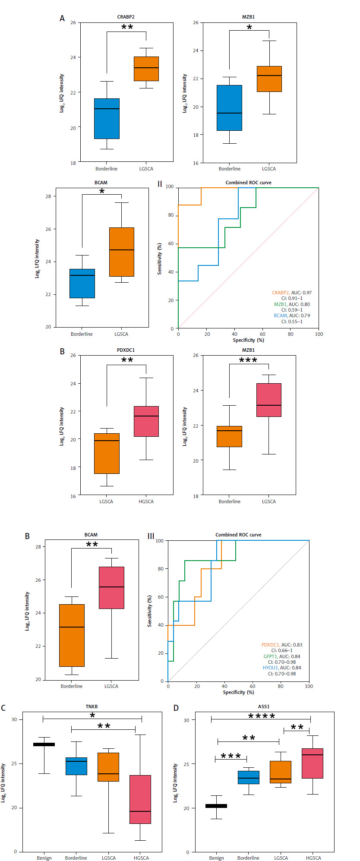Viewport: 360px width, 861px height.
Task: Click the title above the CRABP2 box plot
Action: pyautogui.click(x=126, y=17)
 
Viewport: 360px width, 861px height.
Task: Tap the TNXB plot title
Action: pyautogui.click(x=92, y=707)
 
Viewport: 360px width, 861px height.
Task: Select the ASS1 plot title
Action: pyautogui.click(x=263, y=707)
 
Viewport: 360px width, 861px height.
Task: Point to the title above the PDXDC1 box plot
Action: pyautogui.click(x=126, y=350)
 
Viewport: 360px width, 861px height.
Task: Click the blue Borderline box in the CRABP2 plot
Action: pyautogui.click(x=107, y=119)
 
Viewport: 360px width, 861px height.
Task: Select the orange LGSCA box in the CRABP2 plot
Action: pyautogui.click(x=146, y=69)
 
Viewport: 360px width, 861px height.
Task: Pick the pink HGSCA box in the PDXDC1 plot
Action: pyautogui.click(x=146, y=421)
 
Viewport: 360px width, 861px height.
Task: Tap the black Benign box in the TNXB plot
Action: pyautogui.click(x=44, y=744)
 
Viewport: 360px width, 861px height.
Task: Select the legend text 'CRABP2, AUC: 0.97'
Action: pyautogui.click(x=291, y=293)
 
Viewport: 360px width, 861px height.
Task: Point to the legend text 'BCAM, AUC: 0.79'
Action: pyautogui.click(x=292, y=315)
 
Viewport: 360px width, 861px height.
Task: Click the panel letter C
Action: pyautogui.click(x=3, y=708)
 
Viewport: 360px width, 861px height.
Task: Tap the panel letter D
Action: pyautogui.click(x=176, y=708)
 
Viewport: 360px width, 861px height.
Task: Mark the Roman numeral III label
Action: pyautogui.click(x=151, y=536)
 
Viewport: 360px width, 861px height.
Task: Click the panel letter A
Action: pyautogui.click(x=62, y=18)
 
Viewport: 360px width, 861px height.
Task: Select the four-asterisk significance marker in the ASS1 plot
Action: pyautogui.click(x=262, y=717)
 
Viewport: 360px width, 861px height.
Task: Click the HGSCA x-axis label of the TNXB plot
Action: pyautogui.click(x=141, y=858)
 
